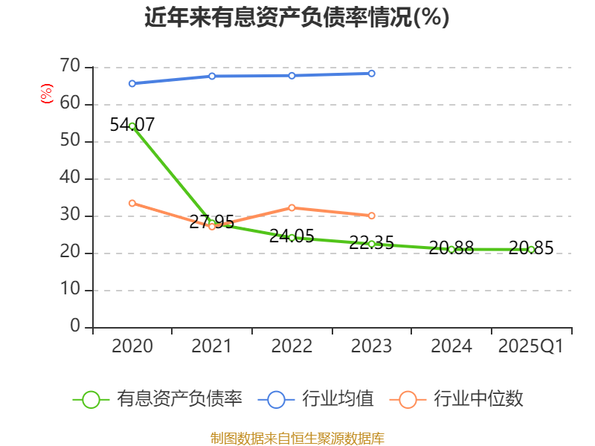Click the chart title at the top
pyautogui.click(x=297, y=17)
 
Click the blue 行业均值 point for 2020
pyautogui.click(x=132, y=83)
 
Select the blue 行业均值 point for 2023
pyautogui.click(x=372, y=74)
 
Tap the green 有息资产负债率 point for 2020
pyautogui.click(x=132, y=126)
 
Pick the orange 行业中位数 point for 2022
pyautogui.click(x=292, y=207)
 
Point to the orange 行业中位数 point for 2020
pyautogui.click(x=132, y=203)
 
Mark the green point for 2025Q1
pyautogui.click(x=531, y=250)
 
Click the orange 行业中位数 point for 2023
pyautogui.click(x=372, y=216)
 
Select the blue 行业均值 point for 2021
pyautogui.click(x=212, y=76)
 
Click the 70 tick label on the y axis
pyautogui.click(x=70, y=67)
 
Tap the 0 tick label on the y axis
pyautogui.click(x=75, y=327)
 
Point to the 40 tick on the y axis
pyautogui.click(x=70, y=178)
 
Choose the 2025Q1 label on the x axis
pyautogui.click(x=530, y=346)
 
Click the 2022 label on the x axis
pyautogui.click(x=292, y=346)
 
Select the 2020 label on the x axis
pyautogui.click(x=132, y=346)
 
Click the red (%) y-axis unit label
pyautogui.click(x=46, y=94)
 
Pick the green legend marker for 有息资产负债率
pyautogui.click(x=91, y=399)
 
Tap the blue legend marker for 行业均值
pyautogui.click(x=276, y=399)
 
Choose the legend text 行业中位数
pyautogui.click(x=478, y=399)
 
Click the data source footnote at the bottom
pyautogui.click(x=297, y=438)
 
